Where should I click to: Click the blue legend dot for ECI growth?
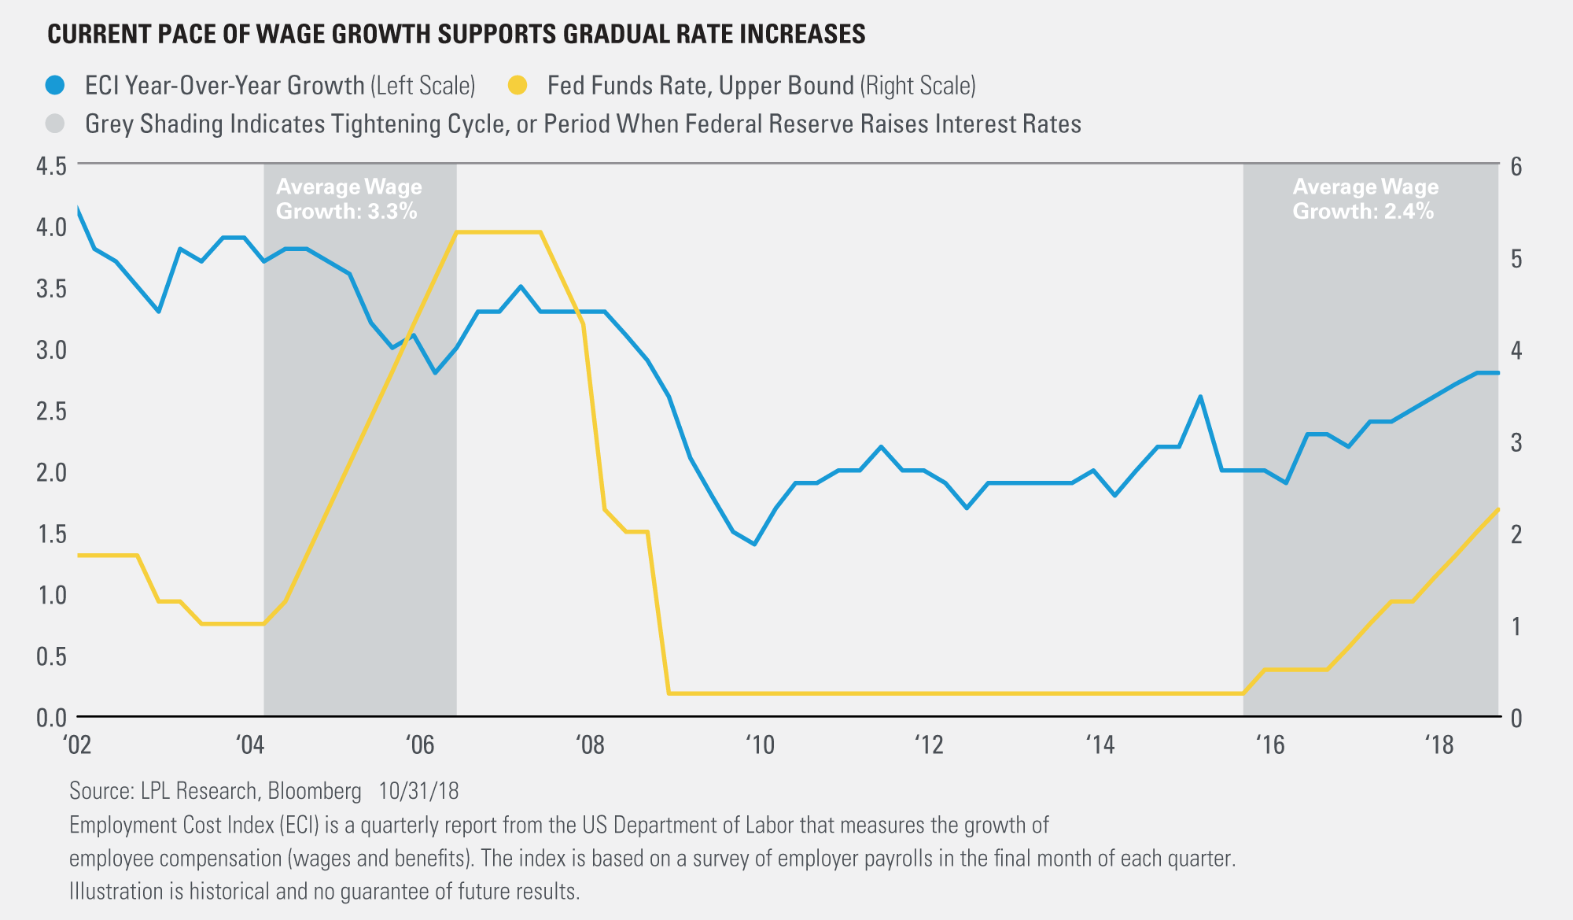55,86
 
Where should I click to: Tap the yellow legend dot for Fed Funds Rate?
518,86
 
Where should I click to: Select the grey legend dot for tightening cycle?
55,124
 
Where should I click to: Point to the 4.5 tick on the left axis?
51,167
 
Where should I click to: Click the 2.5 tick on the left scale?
51,412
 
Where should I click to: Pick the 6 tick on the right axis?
1516,167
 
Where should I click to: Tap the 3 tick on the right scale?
1516,442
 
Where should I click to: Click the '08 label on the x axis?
590,744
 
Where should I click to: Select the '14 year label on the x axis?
1100,744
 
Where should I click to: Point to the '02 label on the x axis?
78,744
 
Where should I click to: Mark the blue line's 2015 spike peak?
1200,397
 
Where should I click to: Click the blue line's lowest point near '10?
754,544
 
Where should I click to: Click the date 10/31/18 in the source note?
418,790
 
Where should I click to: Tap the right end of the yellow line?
1497,510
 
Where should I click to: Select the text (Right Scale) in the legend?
918,86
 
